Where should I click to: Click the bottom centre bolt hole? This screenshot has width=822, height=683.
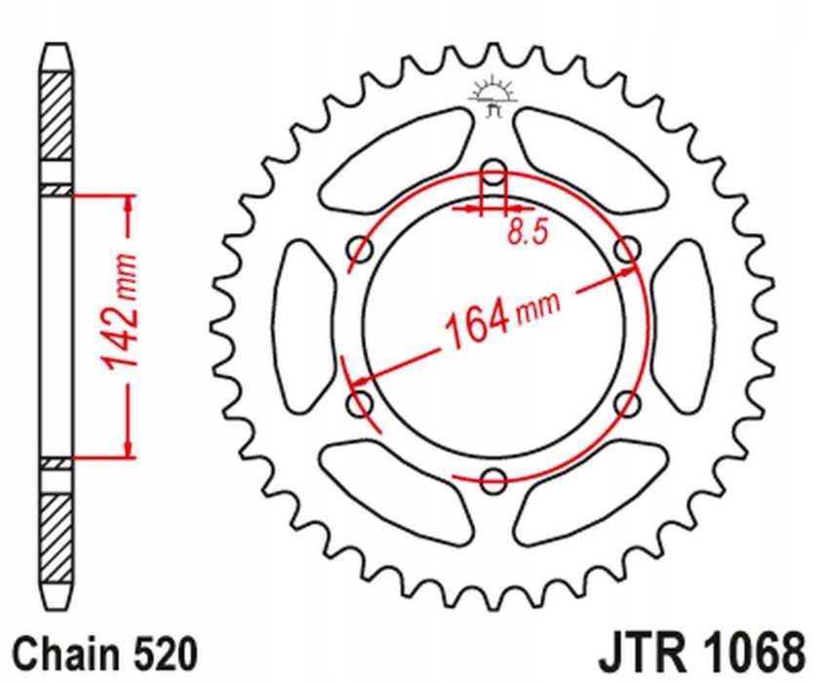tap(494, 478)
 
